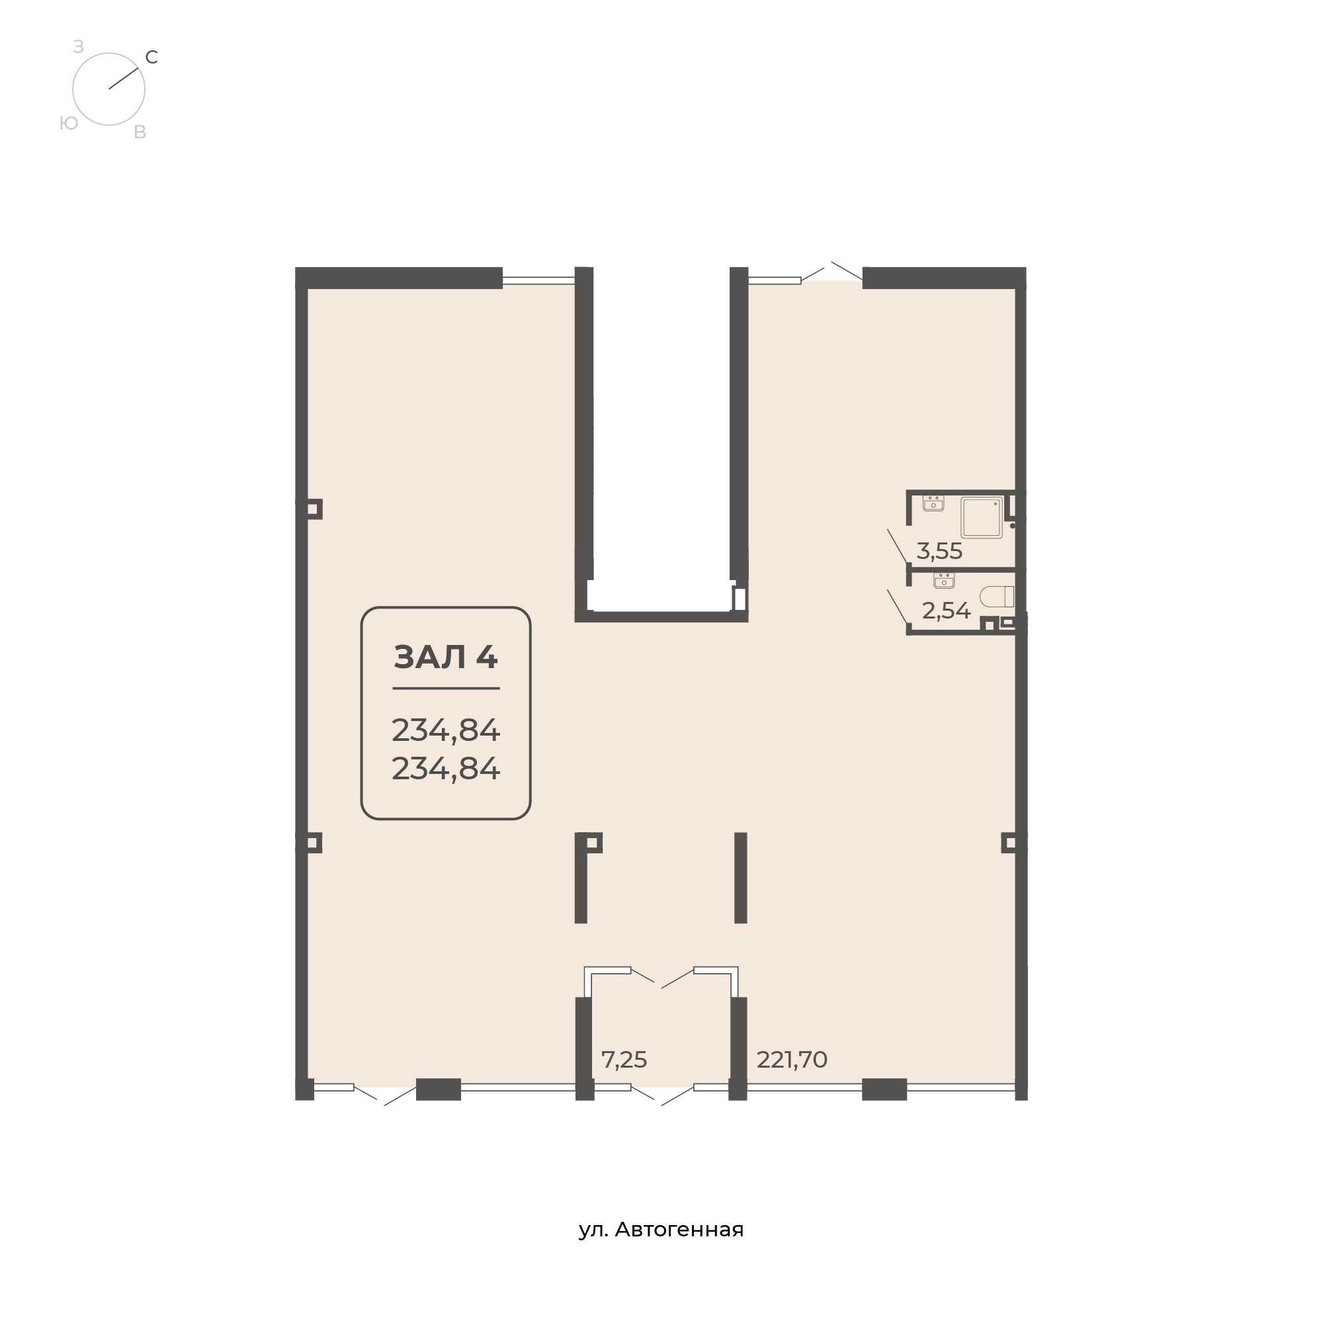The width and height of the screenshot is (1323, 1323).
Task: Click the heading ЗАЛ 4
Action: pos(446,657)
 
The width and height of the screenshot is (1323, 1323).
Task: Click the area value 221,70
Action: pos(792,1060)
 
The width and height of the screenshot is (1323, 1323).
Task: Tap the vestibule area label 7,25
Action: pos(624,1060)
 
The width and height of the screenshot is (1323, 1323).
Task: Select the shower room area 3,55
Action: pos(939,550)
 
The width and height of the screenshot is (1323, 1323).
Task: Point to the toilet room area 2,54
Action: pos(946,610)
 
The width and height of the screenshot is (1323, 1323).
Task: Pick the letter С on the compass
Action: pos(152,58)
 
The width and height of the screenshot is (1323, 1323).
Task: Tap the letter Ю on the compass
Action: pos(69,123)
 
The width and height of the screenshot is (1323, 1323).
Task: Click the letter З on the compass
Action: pos(78,46)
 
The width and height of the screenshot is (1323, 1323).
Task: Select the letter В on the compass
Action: pos(140,132)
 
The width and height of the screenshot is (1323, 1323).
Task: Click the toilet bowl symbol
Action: pos(997,597)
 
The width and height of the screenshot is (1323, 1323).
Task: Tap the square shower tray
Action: pos(982,517)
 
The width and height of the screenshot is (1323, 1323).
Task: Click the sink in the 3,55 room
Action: pos(933,503)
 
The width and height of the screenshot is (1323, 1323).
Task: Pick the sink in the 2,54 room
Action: pos(944,581)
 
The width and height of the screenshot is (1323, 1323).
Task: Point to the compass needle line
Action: pos(123,78)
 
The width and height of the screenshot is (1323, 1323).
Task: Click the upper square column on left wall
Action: pos(312,509)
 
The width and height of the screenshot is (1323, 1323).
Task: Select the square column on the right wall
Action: pos(1010,842)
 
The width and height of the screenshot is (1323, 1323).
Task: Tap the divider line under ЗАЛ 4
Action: pos(446,688)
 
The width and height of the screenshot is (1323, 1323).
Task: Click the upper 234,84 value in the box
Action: pos(446,731)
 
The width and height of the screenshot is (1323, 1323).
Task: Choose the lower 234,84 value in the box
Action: pos(446,768)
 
